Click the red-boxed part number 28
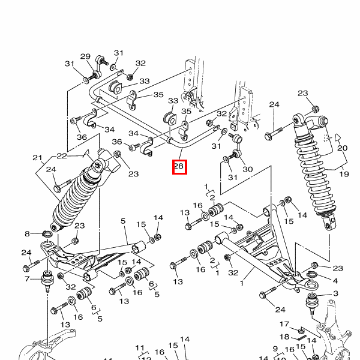point(179,166)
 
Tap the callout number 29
point(85,56)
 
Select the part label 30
point(248,169)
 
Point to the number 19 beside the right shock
point(344,174)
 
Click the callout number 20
point(342,148)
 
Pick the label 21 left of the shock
point(37,158)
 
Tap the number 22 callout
point(62,156)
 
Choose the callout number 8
point(27,234)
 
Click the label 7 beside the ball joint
point(27,279)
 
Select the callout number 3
point(335,293)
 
